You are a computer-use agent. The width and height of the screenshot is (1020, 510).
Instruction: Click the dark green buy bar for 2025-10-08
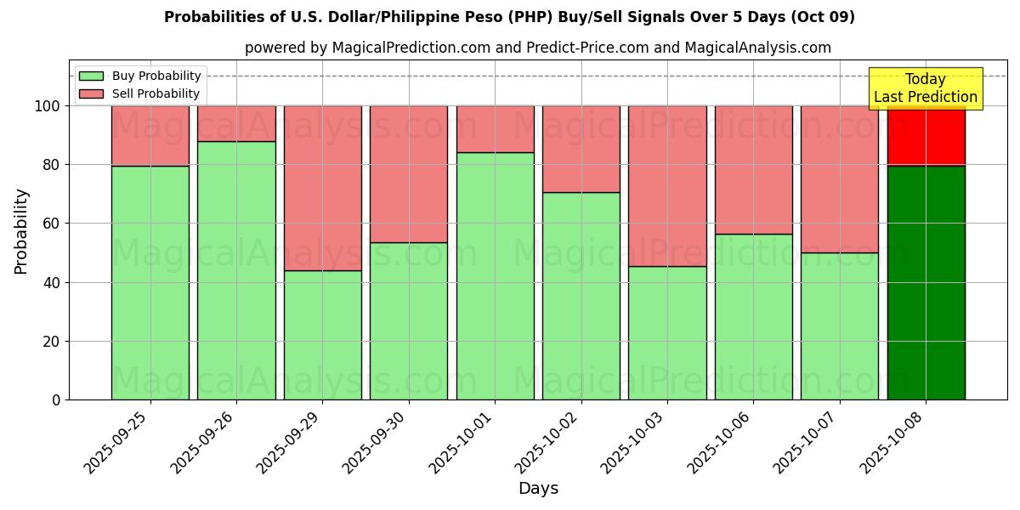click(x=926, y=282)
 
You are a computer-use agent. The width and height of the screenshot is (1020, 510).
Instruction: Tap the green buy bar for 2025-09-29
click(x=322, y=335)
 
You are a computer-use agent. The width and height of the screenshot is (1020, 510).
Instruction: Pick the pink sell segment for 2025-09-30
click(x=409, y=173)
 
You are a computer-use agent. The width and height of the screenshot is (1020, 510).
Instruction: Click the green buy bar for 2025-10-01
click(x=495, y=275)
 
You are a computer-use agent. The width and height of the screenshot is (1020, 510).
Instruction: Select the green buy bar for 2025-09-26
click(x=236, y=270)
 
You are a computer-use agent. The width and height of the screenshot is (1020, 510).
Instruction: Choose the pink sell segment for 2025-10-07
click(x=840, y=178)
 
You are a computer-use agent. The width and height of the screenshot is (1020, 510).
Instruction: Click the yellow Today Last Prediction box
click(x=926, y=88)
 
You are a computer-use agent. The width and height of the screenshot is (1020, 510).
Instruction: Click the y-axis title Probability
click(x=21, y=231)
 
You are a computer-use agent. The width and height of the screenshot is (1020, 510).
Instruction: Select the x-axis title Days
click(x=538, y=489)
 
